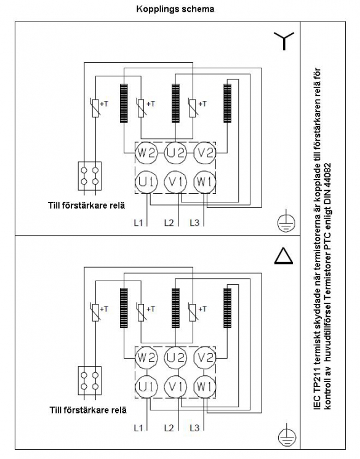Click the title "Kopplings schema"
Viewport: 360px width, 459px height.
click(x=175, y=9)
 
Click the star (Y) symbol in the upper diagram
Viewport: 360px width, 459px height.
click(x=284, y=41)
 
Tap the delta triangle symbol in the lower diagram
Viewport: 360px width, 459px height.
click(x=284, y=255)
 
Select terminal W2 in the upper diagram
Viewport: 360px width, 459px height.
click(x=146, y=153)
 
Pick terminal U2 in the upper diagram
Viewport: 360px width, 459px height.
click(x=175, y=153)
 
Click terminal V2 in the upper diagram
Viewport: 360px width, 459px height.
click(x=204, y=153)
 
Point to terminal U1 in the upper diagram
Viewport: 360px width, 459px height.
click(x=146, y=182)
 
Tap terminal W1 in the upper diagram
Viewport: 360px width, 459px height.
click(x=204, y=182)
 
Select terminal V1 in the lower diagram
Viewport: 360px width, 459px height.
click(x=175, y=386)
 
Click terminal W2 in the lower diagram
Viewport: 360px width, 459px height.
click(x=146, y=357)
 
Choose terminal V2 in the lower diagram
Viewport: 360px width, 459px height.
click(x=204, y=357)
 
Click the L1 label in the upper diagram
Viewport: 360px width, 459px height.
click(x=138, y=223)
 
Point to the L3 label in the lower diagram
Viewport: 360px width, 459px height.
click(x=194, y=428)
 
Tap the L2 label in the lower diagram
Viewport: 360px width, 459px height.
click(x=169, y=428)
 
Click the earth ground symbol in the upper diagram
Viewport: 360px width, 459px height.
click(x=286, y=222)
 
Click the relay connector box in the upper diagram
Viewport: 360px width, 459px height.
click(x=90, y=176)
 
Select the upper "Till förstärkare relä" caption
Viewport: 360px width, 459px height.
click(x=86, y=206)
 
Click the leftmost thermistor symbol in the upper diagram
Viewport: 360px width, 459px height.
click(x=95, y=108)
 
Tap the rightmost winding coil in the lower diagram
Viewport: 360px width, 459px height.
click(x=227, y=308)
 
